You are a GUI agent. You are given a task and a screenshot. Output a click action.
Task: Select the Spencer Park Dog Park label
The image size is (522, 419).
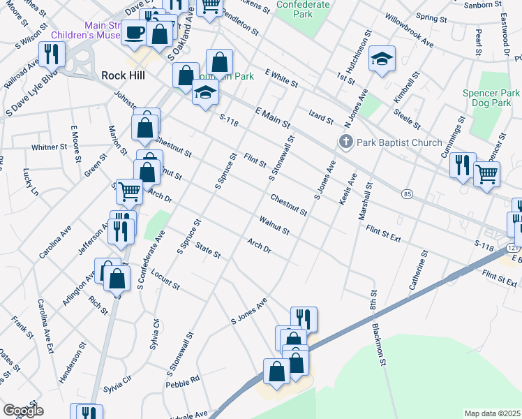(x=491, y=98)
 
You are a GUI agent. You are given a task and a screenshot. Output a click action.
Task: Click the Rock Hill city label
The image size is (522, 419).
(x=123, y=75)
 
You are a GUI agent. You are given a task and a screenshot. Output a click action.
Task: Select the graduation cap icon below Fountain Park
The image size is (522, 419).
(x=204, y=94)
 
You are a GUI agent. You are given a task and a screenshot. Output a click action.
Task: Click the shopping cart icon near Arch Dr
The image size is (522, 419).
(x=129, y=190)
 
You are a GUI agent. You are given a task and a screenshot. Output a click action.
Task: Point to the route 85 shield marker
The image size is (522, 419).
(x=406, y=193)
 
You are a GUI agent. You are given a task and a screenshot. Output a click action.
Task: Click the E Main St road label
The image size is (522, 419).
(x=272, y=117)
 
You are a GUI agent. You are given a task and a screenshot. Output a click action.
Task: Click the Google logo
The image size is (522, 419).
(x=23, y=411)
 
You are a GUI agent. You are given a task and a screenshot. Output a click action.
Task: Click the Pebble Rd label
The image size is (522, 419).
(x=183, y=381)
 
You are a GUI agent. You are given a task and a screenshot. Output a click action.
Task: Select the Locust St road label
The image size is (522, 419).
(x=165, y=281)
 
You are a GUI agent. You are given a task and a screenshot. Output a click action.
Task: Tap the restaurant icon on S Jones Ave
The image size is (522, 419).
(x=304, y=318)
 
